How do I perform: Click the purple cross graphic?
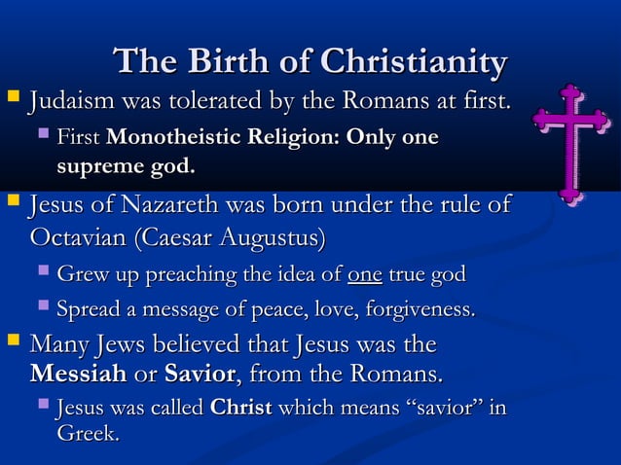[x=571, y=144]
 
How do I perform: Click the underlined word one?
[x=364, y=275]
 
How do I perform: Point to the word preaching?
[x=196, y=275]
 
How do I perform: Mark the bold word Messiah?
[x=78, y=375]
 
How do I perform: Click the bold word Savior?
[x=200, y=375]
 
